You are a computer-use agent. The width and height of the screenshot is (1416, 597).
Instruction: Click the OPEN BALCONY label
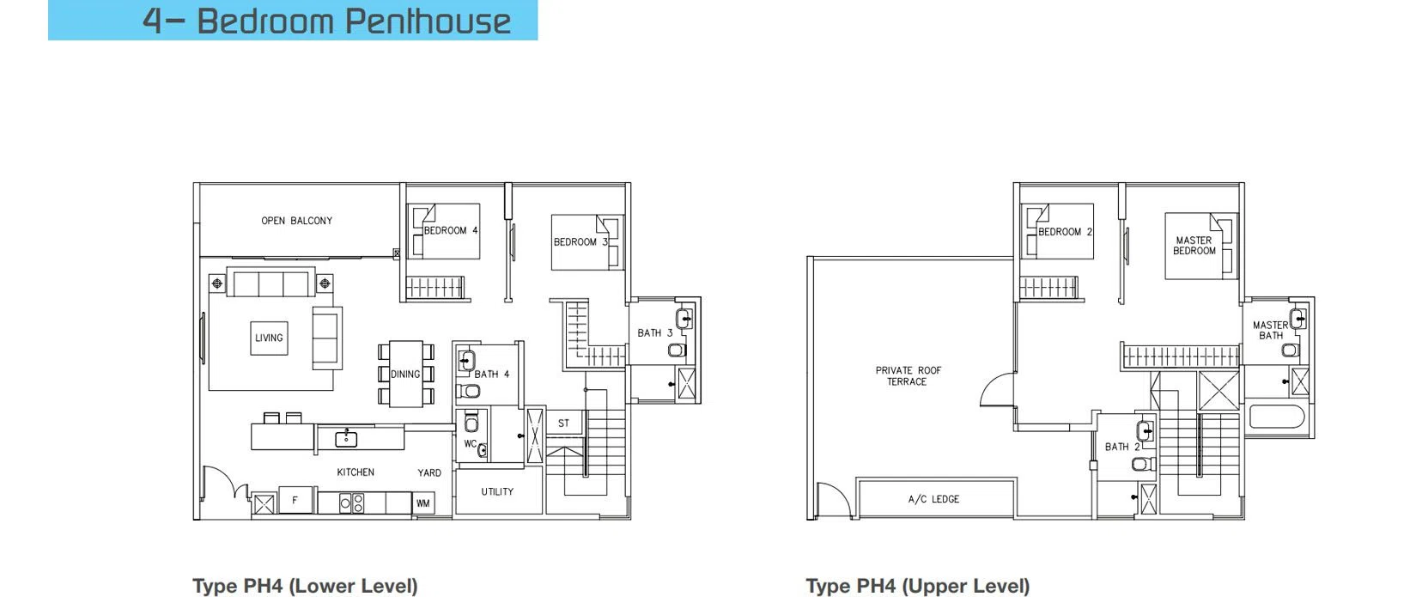tap(296, 221)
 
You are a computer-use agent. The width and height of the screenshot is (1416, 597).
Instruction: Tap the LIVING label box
tap(269, 338)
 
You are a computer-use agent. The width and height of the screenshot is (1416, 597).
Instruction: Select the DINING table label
tap(405, 375)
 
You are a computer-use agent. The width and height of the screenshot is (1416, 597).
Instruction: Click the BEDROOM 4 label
tap(451, 231)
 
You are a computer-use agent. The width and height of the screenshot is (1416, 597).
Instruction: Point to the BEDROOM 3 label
tap(580, 242)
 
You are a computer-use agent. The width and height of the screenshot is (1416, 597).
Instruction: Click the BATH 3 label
tap(655, 332)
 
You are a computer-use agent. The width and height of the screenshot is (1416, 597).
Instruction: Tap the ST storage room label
tap(563, 423)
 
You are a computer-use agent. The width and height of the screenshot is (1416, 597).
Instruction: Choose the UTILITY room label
tap(497, 491)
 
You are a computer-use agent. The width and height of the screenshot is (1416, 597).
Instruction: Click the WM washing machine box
tap(422, 503)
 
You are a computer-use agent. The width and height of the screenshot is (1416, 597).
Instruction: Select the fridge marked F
tap(295, 500)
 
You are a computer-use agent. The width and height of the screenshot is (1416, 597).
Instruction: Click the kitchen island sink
tap(346, 437)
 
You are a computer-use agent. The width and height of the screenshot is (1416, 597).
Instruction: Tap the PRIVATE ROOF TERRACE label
tap(908, 375)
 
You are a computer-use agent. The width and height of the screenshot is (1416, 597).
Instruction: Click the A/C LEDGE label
tap(933, 499)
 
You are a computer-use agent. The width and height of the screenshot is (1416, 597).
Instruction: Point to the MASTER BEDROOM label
tap(1194, 246)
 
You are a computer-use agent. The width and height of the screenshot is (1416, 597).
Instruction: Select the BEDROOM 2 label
tap(1065, 232)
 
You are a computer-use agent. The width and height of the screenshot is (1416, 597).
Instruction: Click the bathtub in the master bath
tap(1277, 417)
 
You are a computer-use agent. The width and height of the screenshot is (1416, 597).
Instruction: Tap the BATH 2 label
tap(1122, 448)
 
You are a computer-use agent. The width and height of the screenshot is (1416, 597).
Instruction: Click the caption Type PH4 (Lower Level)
tap(306, 586)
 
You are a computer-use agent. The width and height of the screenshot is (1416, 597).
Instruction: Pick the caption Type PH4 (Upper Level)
tap(918, 586)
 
